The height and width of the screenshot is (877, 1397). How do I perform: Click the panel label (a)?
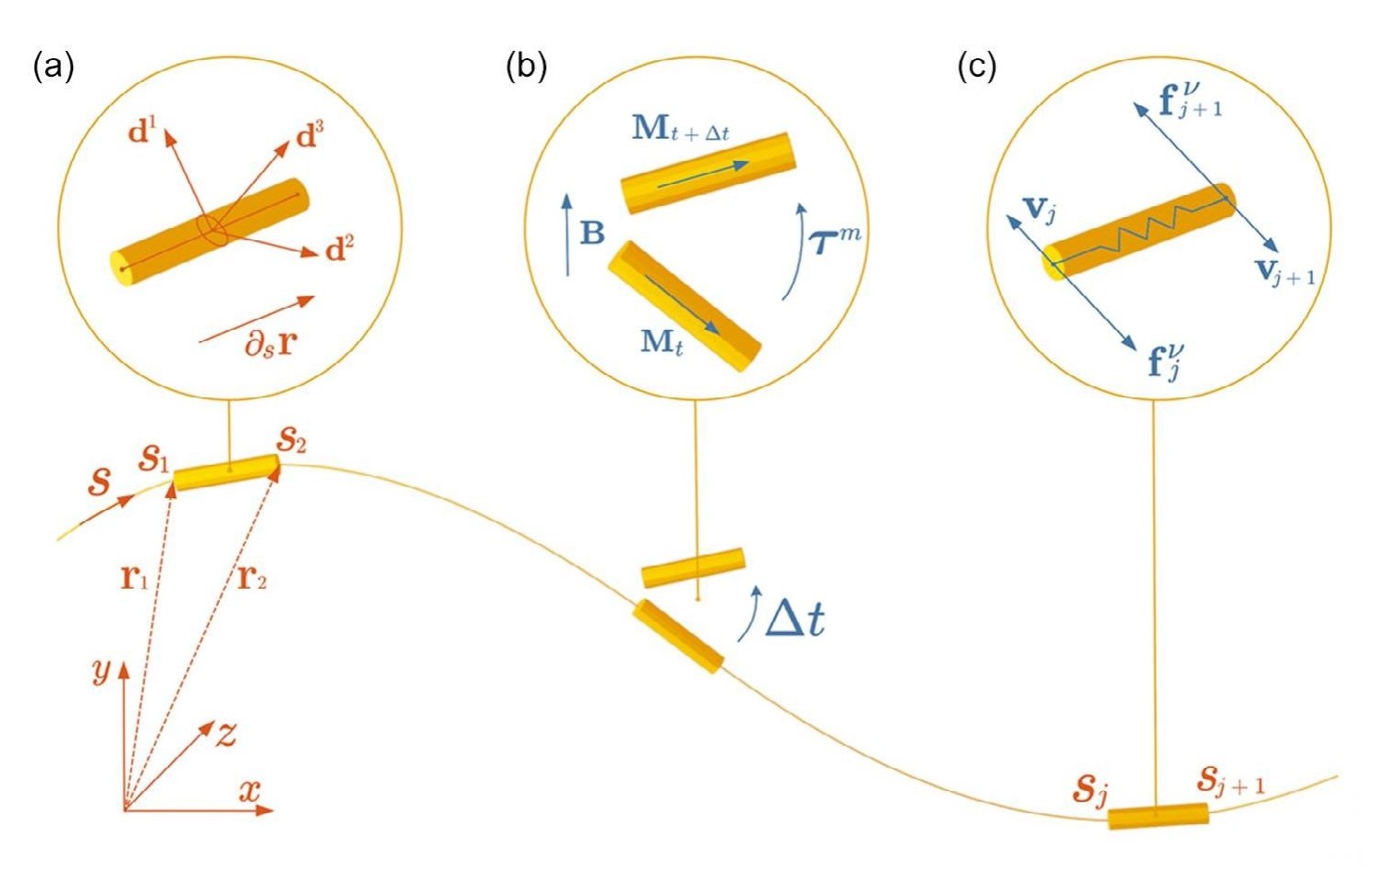(x=53, y=67)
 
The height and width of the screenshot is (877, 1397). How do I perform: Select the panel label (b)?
(x=526, y=67)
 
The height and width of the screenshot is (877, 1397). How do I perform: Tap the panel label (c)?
(x=977, y=67)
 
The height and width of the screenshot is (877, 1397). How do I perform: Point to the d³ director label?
(x=310, y=135)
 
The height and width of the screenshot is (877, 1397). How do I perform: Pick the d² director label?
(x=340, y=250)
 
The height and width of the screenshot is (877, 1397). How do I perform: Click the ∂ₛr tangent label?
(x=270, y=343)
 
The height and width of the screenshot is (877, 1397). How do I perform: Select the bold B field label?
(x=592, y=233)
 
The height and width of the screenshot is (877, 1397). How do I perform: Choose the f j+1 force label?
(x=1190, y=100)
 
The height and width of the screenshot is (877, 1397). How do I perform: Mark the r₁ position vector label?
(x=134, y=579)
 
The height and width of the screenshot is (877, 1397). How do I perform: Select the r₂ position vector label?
(x=252, y=579)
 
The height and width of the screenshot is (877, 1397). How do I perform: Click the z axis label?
(x=225, y=735)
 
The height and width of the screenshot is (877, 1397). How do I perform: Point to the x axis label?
(x=250, y=791)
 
